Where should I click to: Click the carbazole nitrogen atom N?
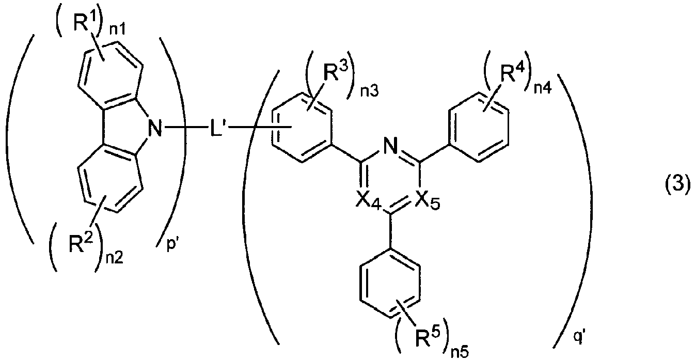tap(155, 128)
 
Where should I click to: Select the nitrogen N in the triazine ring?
tap(390, 145)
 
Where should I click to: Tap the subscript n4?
tap(543, 88)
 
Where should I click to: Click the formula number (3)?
tap(677, 185)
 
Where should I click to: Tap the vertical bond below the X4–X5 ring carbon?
tap(390, 230)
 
